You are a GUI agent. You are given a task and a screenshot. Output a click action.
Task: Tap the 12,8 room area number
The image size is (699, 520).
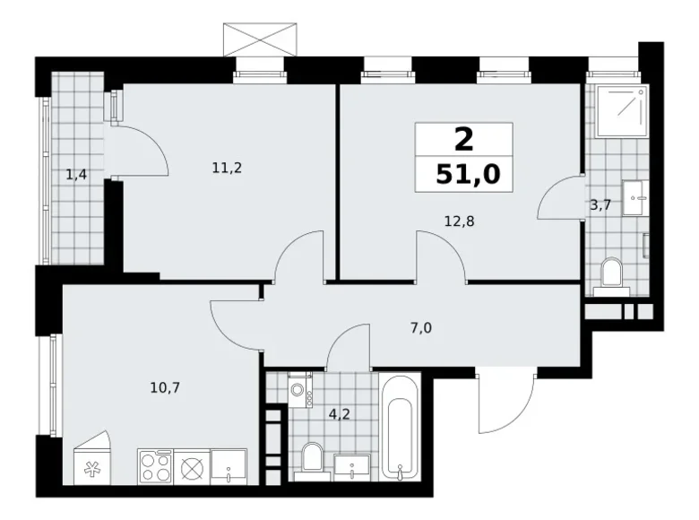pyautogui.click(x=459, y=216)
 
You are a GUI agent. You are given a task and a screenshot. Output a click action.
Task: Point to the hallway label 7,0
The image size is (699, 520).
pyautogui.click(x=420, y=327)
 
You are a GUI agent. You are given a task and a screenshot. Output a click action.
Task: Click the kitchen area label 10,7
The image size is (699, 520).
pyautogui.click(x=164, y=388)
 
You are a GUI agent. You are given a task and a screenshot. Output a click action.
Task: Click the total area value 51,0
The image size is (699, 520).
pyautogui.click(x=463, y=172)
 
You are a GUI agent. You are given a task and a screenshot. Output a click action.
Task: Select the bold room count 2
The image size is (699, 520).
pyautogui.click(x=463, y=139)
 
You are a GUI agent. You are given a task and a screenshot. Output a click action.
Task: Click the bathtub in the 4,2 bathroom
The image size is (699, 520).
pyautogui.click(x=399, y=426)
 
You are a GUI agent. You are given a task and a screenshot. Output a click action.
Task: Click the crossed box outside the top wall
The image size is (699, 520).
pyautogui.click(x=260, y=39)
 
